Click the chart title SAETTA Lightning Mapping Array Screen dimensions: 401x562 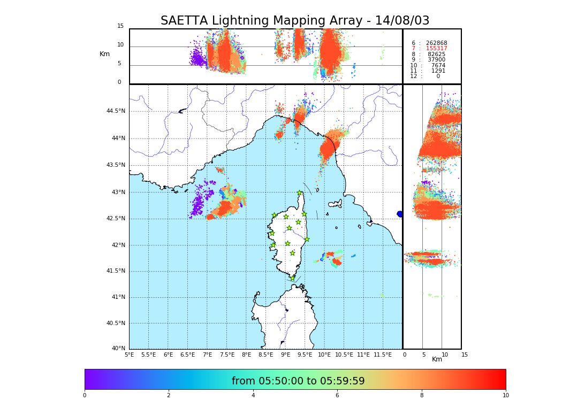coord(295,21)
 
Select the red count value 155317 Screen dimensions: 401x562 coord(436,49)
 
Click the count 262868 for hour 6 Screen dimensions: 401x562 coord(436,43)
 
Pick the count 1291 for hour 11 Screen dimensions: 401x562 coord(438,71)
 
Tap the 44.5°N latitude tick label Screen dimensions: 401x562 coord(116,111)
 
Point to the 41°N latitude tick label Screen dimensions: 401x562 coord(118,297)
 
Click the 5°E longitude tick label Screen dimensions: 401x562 coord(130,354)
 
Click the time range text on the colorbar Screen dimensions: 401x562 coord(298,381)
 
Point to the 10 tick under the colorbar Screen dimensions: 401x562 coord(505,396)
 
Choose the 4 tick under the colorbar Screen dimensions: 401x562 coord(253,396)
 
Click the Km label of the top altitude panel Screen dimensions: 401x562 coord(104,54)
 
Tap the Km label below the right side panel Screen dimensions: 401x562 coord(437,359)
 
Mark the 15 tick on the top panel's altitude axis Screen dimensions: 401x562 coord(120,26)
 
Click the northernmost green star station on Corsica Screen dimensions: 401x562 coord(300,193)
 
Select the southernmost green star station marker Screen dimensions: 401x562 coord(293,278)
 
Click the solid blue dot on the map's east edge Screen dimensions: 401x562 coord(400,214)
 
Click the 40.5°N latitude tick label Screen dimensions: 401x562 coord(116,323)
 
